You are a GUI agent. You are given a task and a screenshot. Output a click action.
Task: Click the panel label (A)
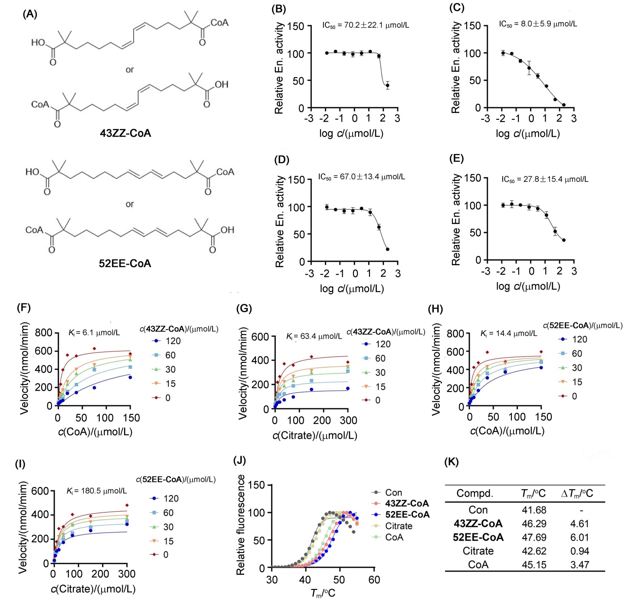click(x=30, y=14)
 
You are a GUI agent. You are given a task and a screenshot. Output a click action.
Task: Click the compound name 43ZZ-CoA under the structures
click(x=125, y=133)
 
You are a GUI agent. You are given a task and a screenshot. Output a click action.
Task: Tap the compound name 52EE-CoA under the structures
click(x=125, y=263)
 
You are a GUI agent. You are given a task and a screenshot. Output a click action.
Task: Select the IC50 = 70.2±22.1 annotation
click(x=365, y=25)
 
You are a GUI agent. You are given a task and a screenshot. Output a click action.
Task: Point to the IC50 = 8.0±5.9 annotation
click(x=538, y=24)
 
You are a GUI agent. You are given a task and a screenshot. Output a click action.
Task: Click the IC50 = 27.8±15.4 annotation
click(x=545, y=179)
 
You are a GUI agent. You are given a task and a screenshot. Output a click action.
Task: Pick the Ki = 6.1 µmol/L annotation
click(x=94, y=332)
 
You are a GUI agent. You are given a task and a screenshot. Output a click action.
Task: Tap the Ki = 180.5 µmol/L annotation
click(x=96, y=491)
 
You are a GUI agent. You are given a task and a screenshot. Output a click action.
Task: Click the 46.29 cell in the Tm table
click(x=534, y=523)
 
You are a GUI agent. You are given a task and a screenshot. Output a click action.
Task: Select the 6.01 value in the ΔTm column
click(x=579, y=537)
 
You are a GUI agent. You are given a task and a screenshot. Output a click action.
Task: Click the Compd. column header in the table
click(x=475, y=493)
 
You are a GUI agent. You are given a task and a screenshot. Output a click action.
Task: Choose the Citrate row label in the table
click(x=478, y=551)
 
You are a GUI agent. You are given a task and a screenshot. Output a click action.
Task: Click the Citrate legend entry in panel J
click(x=398, y=526)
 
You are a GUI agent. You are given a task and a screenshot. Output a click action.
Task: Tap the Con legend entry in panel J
click(x=393, y=493)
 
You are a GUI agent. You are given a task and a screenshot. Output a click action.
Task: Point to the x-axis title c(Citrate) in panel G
click(x=315, y=435)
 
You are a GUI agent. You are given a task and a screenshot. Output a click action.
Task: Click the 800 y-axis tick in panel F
click(x=43, y=333)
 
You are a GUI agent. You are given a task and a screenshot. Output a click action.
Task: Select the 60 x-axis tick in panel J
click(x=374, y=580)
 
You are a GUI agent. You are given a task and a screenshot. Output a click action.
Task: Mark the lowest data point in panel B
click(x=387, y=85)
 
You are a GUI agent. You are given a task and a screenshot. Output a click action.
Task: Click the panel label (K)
click(x=452, y=462)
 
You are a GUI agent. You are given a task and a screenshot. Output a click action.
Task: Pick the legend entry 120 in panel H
click(x=579, y=339)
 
